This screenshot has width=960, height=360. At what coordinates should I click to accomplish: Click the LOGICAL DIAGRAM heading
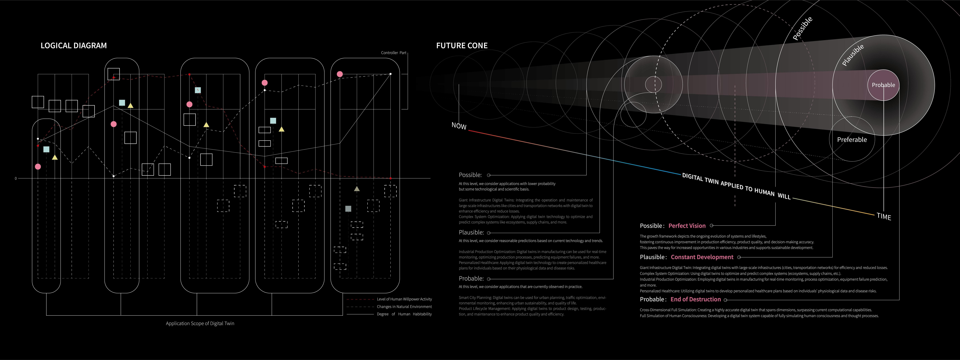73,45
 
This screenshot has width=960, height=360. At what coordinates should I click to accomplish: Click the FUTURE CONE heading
462,45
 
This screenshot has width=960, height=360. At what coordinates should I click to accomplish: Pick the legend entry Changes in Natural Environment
404,307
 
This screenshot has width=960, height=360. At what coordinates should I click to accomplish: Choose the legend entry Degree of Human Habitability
404,314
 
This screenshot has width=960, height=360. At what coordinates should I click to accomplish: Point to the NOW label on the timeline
459,126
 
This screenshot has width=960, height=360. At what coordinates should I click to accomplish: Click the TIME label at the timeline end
884,216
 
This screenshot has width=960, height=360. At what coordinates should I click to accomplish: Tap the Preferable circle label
852,140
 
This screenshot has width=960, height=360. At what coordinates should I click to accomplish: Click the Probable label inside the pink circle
883,85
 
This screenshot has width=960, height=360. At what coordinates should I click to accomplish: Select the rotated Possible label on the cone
802,28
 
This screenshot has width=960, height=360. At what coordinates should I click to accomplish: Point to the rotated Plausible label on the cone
853,55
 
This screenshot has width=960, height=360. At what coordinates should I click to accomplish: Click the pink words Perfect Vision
687,226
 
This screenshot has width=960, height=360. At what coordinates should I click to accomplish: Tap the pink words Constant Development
702,257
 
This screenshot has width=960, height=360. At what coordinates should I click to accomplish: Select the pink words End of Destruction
695,299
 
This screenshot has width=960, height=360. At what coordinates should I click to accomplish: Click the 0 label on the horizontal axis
16,178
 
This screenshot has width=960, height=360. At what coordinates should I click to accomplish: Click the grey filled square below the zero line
348,209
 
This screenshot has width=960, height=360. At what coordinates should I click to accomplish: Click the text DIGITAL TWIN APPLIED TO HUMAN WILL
736,186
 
